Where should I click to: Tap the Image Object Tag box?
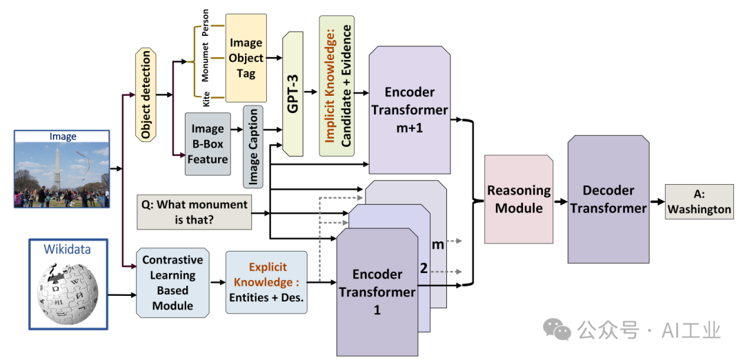pyautogui.click(x=246, y=58)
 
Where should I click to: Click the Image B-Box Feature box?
pyautogui.click(x=208, y=144)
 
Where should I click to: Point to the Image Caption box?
pyautogui.click(x=253, y=146)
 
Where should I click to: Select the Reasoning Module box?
pyautogui.click(x=518, y=199)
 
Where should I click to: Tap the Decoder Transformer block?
pyautogui.click(x=608, y=199)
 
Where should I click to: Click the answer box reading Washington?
pyautogui.click(x=699, y=201)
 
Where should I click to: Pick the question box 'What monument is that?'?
pyautogui.click(x=194, y=212)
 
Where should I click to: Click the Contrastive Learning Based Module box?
pyautogui.click(x=172, y=282)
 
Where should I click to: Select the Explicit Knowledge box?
pyautogui.click(x=266, y=282)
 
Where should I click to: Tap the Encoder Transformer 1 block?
pyautogui.click(x=377, y=292)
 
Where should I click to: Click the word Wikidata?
pyautogui.click(x=68, y=249)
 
